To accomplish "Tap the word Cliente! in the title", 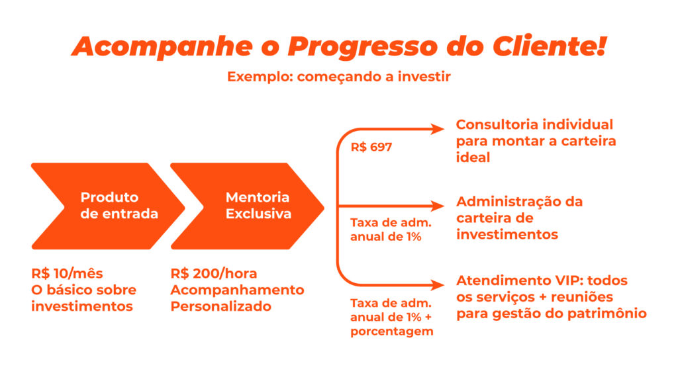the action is (x=550, y=46).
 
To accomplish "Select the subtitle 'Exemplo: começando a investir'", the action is (x=339, y=77).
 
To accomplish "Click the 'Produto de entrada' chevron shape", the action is (x=108, y=206).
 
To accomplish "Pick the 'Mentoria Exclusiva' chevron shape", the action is (x=248, y=206).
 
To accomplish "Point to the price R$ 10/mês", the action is (x=67, y=273).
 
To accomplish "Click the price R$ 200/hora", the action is (x=214, y=273).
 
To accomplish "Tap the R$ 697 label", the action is (x=371, y=147).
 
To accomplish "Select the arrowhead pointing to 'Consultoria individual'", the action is (x=437, y=129).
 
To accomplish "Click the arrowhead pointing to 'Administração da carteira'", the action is (x=437, y=206).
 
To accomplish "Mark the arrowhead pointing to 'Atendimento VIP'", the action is (x=437, y=285).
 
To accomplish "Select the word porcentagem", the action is (x=392, y=332).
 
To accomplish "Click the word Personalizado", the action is (x=221, y=306).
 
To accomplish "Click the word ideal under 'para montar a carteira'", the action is (x=473, y=157).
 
